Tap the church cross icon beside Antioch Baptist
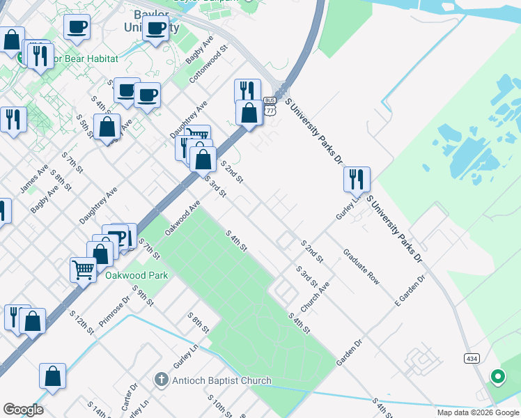coord(162,380)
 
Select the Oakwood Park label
coord(137,275)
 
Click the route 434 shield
coord(471,357)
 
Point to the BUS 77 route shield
coord(270,105)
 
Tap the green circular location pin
coord(497,377)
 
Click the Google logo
coord(23,410)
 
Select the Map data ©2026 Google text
coord(478,412)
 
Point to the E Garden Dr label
coord(410,287)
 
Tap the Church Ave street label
coord(315,297)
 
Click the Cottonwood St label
coord(208,63)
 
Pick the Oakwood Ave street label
coord(182,217)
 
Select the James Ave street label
coord(34,178)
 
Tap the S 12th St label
coord(81,323)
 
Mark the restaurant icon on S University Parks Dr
coord(356,179)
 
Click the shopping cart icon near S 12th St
coord(84,268)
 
